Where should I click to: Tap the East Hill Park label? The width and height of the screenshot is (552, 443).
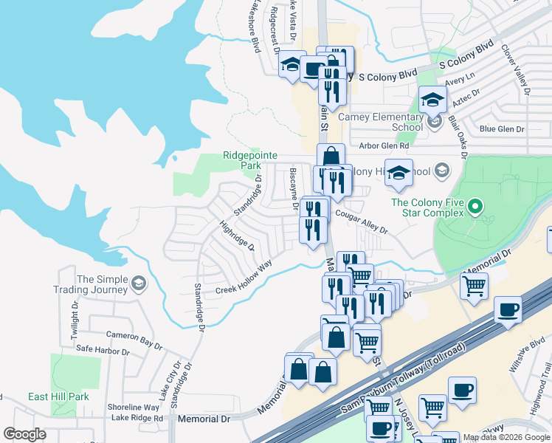[58, 396]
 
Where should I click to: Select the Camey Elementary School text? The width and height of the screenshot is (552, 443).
[380, 122]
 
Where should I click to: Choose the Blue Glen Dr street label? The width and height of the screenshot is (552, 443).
[502, 128]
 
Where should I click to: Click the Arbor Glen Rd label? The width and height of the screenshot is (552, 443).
[384, 145]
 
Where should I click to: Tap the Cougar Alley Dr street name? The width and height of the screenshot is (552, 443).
[361, 221]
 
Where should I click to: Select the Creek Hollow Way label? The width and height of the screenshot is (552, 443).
[244, 276]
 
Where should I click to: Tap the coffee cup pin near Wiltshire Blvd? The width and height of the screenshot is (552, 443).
[508, 311]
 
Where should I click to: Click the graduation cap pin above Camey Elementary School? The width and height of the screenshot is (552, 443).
[432, 99]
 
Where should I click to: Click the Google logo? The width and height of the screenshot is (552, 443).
[25, 434]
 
